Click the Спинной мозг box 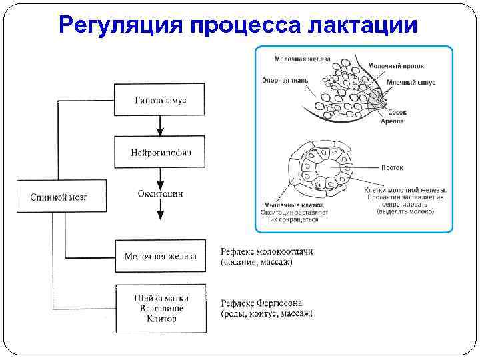[x=59, y=197]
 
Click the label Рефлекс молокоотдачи [x=266, y=251]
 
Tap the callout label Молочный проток [x=396, y=66]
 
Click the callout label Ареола [x=393, y=122]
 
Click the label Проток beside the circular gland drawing [x=393, y=167]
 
